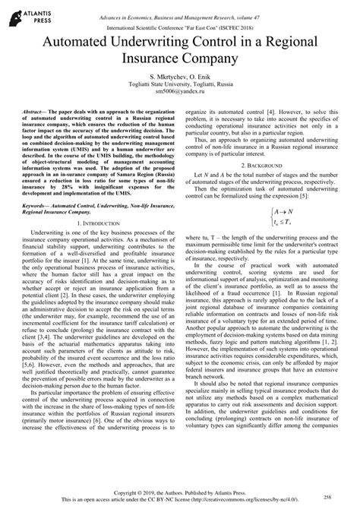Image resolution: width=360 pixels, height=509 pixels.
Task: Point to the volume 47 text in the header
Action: click(x=272, y=8)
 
